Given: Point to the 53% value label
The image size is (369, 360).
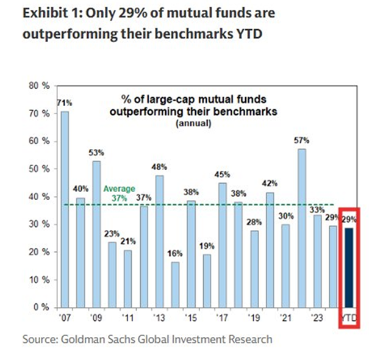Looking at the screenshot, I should click(96, 152).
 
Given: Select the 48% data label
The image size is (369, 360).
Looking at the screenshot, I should click(159, 167).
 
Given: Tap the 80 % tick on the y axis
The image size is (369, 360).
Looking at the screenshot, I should click(40, 86).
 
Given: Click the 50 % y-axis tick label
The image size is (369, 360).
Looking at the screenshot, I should click(40, 169).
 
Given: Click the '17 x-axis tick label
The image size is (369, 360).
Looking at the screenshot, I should click(222, 318).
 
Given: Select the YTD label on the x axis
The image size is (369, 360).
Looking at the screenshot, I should click(348, 318).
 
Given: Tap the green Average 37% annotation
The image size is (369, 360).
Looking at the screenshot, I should click(119, 193).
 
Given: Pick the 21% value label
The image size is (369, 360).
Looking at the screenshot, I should click(127, 240).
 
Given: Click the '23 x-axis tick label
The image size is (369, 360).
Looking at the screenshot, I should click(317, 318).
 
